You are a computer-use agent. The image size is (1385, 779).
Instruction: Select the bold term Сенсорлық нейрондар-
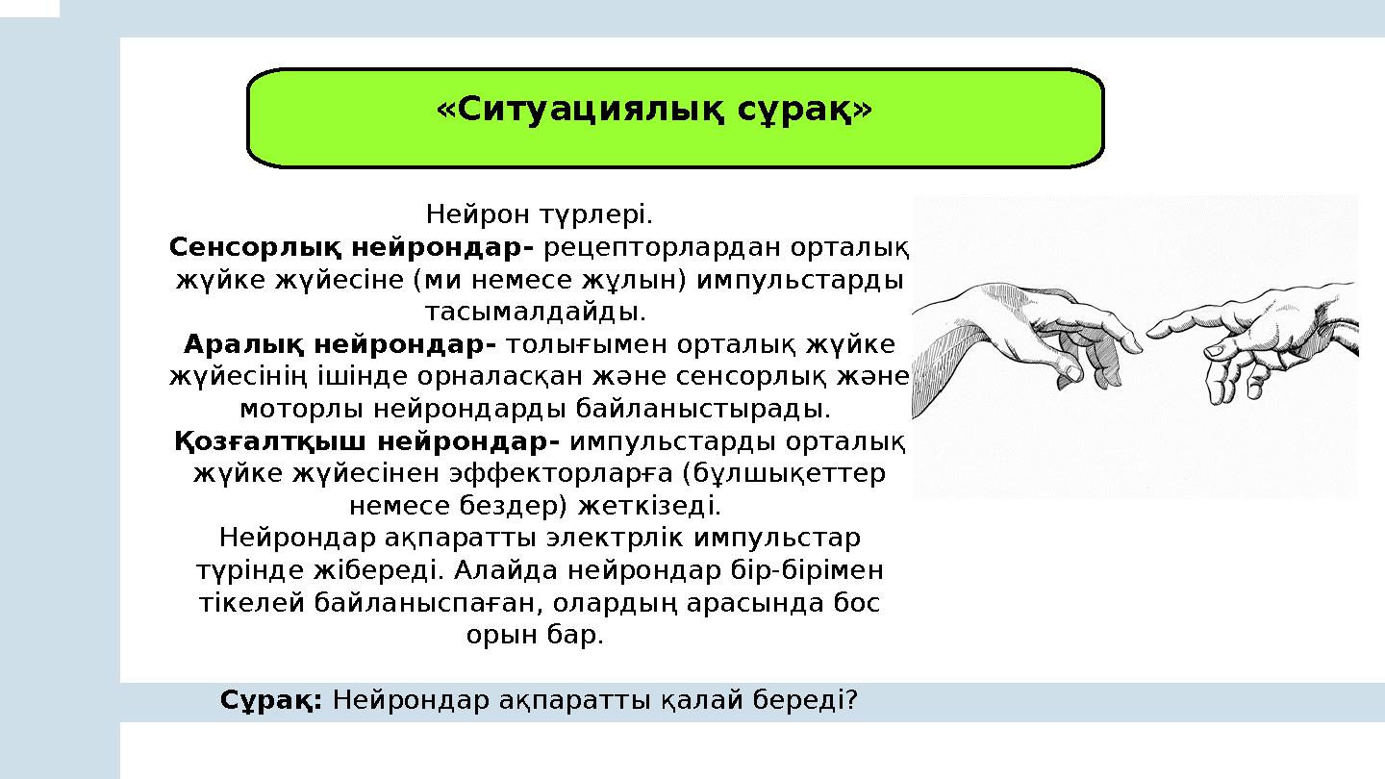[352, 247]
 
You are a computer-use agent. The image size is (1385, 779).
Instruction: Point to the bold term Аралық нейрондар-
[340, 344]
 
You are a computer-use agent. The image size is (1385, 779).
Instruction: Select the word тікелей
[250, 603]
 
